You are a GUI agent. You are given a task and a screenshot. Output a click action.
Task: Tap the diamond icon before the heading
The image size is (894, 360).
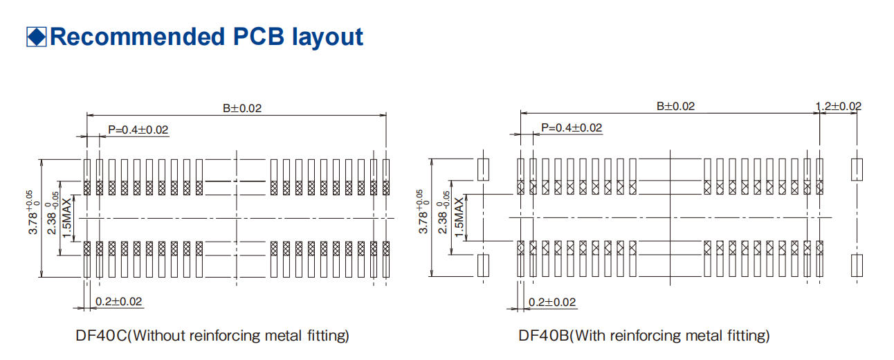[36, 37]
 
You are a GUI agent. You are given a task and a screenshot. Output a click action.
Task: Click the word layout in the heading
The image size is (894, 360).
[325, 37]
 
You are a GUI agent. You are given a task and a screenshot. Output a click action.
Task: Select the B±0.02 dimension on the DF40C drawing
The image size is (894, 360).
[242, 109]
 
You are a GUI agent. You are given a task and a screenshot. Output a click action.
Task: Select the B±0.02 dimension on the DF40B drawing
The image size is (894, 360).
[675, 106]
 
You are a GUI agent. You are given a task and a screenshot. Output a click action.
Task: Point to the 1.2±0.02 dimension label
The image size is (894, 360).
[839, 106]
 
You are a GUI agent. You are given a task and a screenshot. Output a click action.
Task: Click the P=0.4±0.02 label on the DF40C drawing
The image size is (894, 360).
[138, 129]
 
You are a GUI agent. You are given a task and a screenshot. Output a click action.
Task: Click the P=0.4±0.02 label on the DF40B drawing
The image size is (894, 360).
[572, 127]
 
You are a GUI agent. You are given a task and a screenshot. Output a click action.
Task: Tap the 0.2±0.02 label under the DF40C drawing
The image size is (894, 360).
[118, 301]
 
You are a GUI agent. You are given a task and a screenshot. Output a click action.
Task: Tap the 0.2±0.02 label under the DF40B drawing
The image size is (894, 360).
[552, 302]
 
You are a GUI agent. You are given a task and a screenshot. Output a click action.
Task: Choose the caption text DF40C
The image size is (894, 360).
[102, 336]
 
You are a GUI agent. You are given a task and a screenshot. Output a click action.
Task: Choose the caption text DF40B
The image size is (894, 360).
[544, 336]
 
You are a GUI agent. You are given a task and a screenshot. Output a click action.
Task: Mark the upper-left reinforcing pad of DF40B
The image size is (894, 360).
[484, 169]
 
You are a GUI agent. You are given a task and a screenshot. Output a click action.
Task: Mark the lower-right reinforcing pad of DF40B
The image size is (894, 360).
[857, 266]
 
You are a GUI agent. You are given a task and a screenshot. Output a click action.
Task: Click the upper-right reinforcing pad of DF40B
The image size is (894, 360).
[857, 169]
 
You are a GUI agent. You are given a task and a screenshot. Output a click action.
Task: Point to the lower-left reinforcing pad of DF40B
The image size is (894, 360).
[484, 266]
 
